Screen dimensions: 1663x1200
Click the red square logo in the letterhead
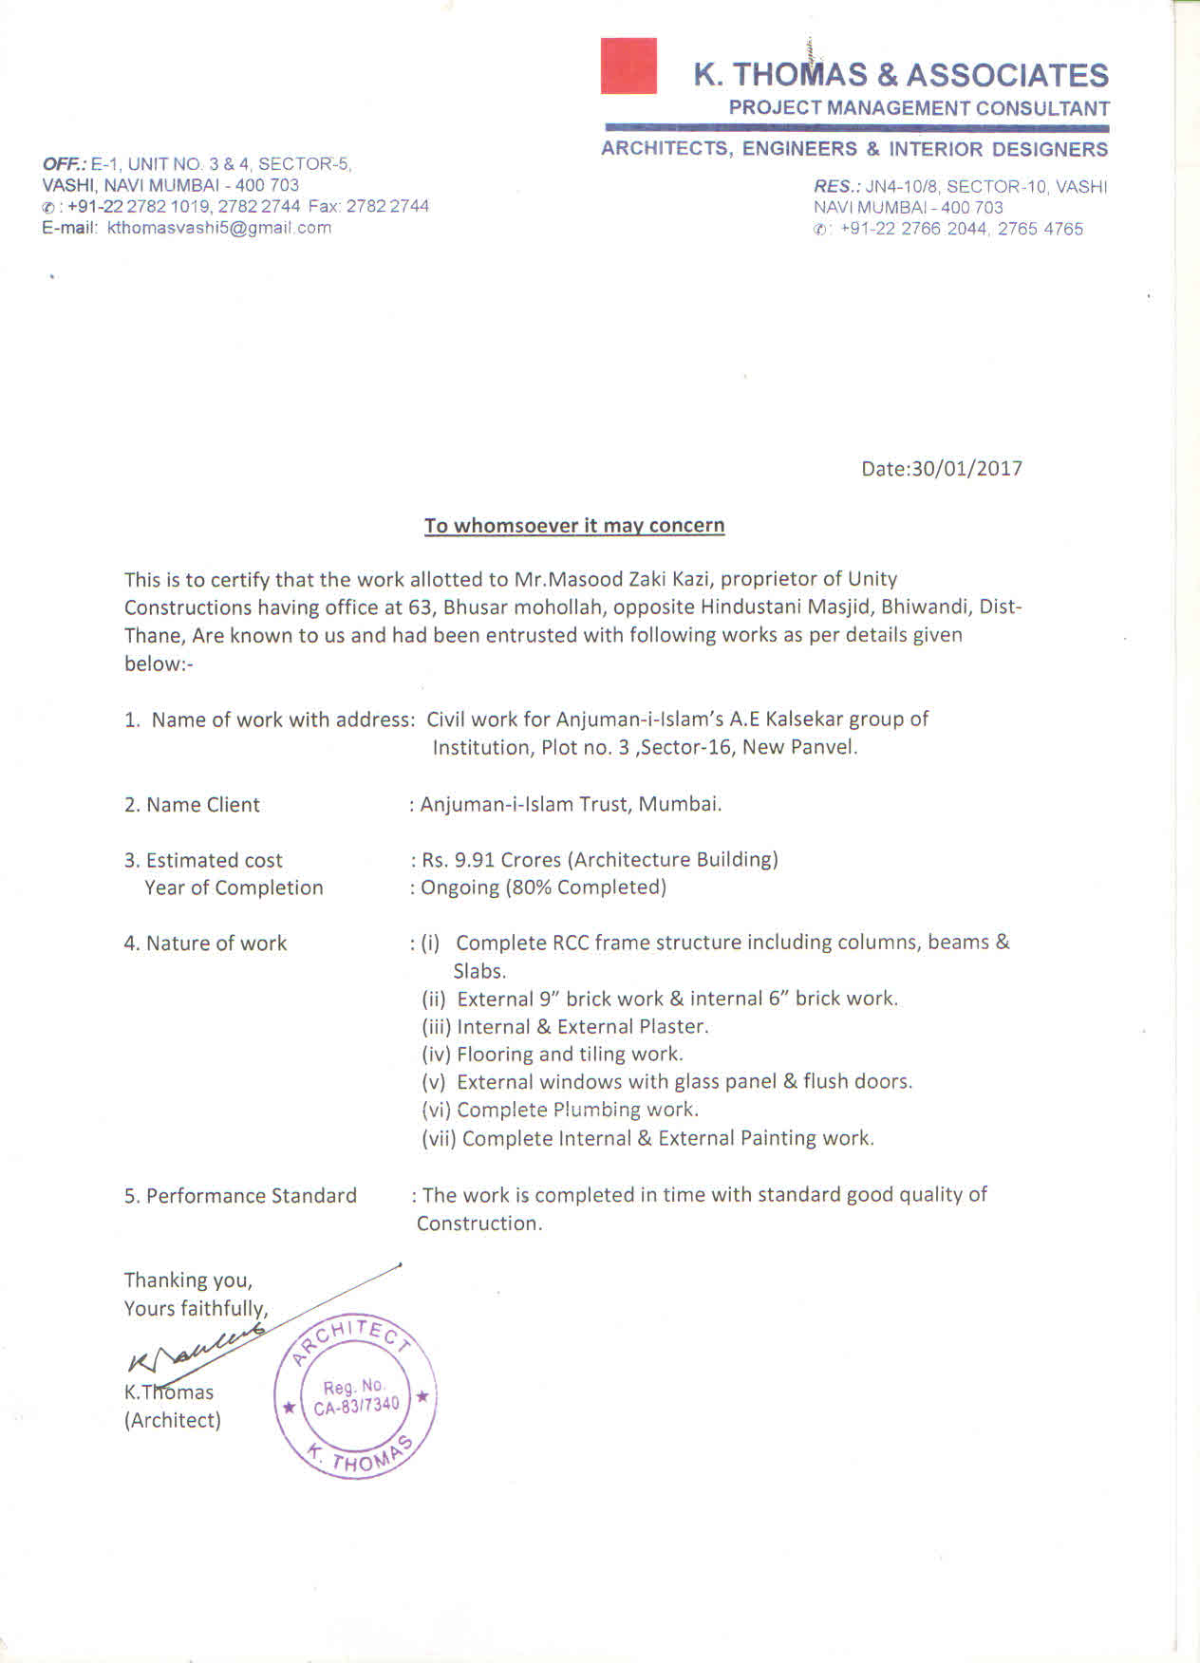[x=628, y=65]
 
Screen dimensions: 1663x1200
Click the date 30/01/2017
[x=966, y=468]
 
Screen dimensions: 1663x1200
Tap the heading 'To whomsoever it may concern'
[x=574, y=526]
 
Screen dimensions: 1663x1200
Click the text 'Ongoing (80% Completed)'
[x=543, y=888]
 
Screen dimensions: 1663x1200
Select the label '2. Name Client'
[x=192, y=805]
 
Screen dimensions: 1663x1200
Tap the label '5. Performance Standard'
[x=240, y=1196]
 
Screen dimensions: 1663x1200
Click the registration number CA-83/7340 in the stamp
[x=357, y=1406]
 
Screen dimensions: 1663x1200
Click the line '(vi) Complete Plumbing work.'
[x=560, y=1110]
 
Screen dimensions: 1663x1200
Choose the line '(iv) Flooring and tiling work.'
[x=553, y=1054]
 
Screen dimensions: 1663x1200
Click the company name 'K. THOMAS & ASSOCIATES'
[x=901, y=75]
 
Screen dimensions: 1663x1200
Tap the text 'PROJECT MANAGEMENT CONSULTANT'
[x=919, y=108]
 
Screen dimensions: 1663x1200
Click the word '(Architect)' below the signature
[x=173, y=1420]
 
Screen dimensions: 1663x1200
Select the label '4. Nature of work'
[x=205, y=944]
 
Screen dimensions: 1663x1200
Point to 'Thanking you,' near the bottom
[x=188, y=1280]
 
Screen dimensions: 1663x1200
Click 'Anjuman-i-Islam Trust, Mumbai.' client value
[x=571, y=805]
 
